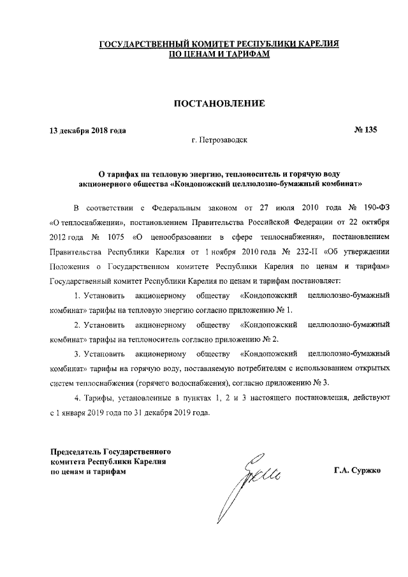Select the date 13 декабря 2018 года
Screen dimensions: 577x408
[x=87, y=131]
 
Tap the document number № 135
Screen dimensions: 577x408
[x=365, y=130]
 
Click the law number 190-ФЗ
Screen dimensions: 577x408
[x=375, y=208]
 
